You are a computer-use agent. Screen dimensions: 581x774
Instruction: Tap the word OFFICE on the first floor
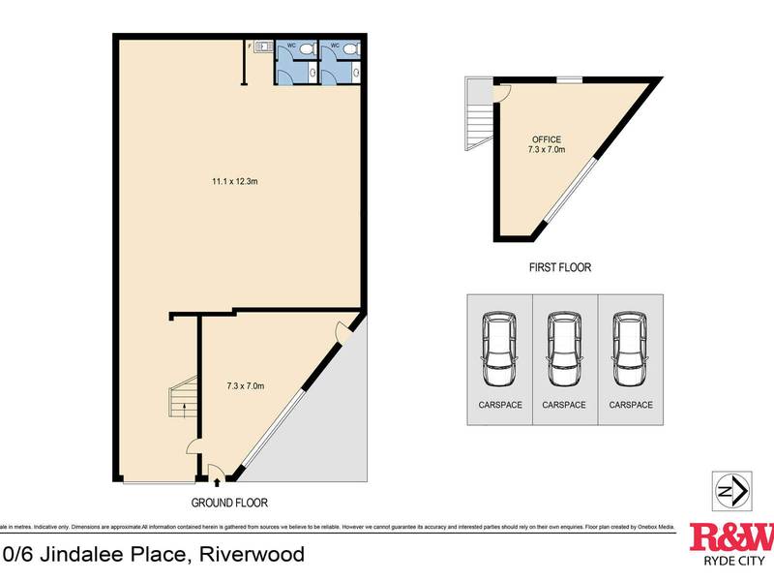[x=547, y=139]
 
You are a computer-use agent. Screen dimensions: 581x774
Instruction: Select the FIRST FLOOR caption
[x=560, y=267]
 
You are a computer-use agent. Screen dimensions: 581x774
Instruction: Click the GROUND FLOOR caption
[x=228, y=503]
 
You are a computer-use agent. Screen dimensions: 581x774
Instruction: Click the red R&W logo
[x=731, y=536]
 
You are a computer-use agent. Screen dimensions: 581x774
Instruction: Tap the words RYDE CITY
[x=731, y=561]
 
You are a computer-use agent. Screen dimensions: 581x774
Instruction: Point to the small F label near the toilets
[x=249, y=46]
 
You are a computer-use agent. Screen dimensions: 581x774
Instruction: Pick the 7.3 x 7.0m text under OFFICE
[x=547, y=150]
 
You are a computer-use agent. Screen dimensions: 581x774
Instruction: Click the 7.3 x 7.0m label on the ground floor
[x=244, y=386]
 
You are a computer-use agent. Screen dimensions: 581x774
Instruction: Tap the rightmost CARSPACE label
[x=631, y=405]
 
